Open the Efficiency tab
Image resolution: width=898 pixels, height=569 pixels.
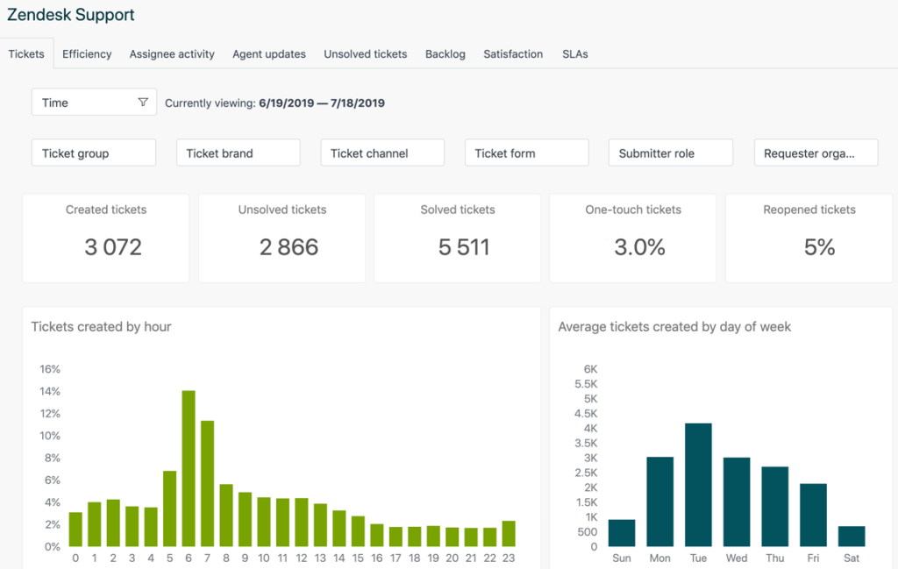point(87,54)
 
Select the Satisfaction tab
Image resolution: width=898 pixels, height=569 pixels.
point(513,54)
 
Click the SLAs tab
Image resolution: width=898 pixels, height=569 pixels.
point(575,54)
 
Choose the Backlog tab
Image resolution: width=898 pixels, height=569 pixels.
point(445,54)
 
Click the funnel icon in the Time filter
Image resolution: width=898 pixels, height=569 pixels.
point(143,103)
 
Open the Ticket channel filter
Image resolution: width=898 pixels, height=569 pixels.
point(382,153)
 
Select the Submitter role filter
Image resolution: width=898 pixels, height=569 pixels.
point(670,153)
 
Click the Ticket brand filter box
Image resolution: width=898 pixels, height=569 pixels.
point(238,153)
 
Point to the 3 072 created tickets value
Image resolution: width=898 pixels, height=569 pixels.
point(113,248)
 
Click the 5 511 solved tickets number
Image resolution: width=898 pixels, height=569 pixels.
point(464,248)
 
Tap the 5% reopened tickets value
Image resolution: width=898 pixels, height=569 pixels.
point(819,248)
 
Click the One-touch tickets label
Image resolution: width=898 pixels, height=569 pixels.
point(633,210)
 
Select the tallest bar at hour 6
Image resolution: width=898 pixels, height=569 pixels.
point(188,468)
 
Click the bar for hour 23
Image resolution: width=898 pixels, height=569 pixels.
point(509,533)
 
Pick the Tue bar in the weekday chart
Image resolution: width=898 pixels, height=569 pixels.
point(698,485)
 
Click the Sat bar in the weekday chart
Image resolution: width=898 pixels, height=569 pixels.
point(851,536)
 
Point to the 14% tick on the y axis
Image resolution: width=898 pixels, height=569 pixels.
point(50,391)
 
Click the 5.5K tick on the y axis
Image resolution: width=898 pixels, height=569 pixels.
point(585,384)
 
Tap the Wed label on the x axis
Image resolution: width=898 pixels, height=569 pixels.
point(737,558)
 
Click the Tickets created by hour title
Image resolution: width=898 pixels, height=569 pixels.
point(101,327)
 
